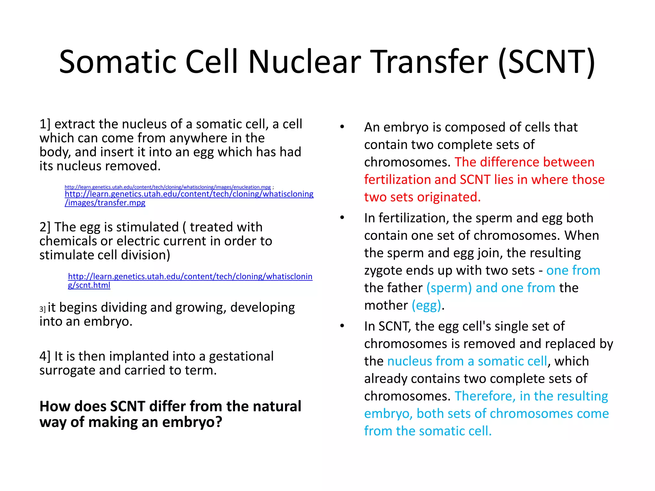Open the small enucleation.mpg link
click(x=168, y=187)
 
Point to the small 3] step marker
click(x=43, y=309)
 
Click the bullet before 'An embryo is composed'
click(x=342, y=127)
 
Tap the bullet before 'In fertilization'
click(x=342, y=218)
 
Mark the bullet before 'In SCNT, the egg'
click(x=342, y=326)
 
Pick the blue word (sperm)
click(x=449, y=288)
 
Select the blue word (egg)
click(x=426, y=306)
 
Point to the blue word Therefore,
click(x=485, y=396)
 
